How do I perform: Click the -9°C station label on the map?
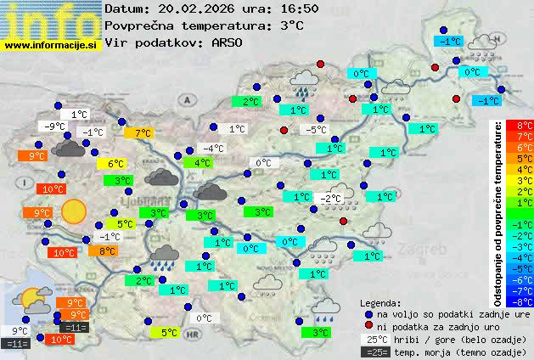click(56, 127)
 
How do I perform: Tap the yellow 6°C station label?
click(115, 164)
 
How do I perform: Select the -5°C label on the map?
click(317, 130)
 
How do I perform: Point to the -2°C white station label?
click(330, 199)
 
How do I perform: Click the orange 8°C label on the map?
click(108, 251)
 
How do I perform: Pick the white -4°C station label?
click(213, 149)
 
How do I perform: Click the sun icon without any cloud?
click(73, 211)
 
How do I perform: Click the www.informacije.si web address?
click(51, 44)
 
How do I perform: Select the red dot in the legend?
click(368, 326)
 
